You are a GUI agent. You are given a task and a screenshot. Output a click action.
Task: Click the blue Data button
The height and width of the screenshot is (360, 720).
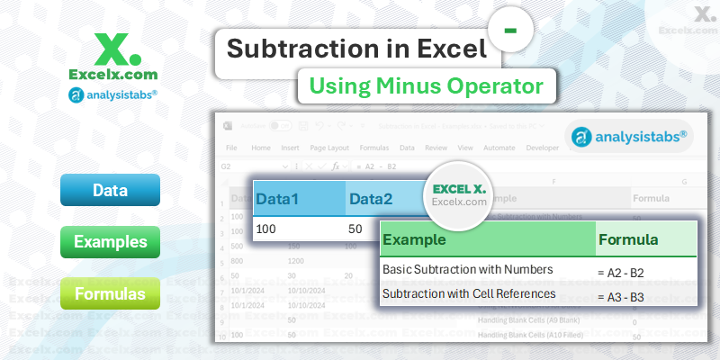pos(110,191)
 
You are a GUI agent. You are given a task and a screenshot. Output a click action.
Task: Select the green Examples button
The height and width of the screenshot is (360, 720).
pos(110,242)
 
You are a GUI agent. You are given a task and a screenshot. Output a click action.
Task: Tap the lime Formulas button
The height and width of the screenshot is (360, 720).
pos(110,293)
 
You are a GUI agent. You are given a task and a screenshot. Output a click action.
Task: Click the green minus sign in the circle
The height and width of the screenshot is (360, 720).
pos(510,30)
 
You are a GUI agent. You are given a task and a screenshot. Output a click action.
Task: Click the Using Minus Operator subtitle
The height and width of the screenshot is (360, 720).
pos(426,86)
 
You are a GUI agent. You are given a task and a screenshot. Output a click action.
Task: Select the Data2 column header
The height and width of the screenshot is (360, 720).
pos(371,198)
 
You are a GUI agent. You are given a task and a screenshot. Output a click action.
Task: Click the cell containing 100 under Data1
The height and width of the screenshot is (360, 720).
pos(266,230)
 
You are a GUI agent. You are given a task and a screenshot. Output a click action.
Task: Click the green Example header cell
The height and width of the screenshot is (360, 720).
pos(414,240)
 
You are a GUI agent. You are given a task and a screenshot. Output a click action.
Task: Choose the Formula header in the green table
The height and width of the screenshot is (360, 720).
pos(628,240)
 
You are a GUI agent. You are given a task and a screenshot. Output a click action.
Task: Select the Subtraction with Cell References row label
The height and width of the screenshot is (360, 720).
pos(467,293)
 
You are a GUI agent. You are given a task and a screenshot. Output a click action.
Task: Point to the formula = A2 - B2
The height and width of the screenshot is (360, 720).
pos(621,271)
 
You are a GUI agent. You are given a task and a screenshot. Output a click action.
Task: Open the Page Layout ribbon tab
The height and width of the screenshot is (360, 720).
pos(329,147)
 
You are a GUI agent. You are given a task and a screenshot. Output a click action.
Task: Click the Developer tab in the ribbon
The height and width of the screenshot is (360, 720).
pos(542,147)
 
